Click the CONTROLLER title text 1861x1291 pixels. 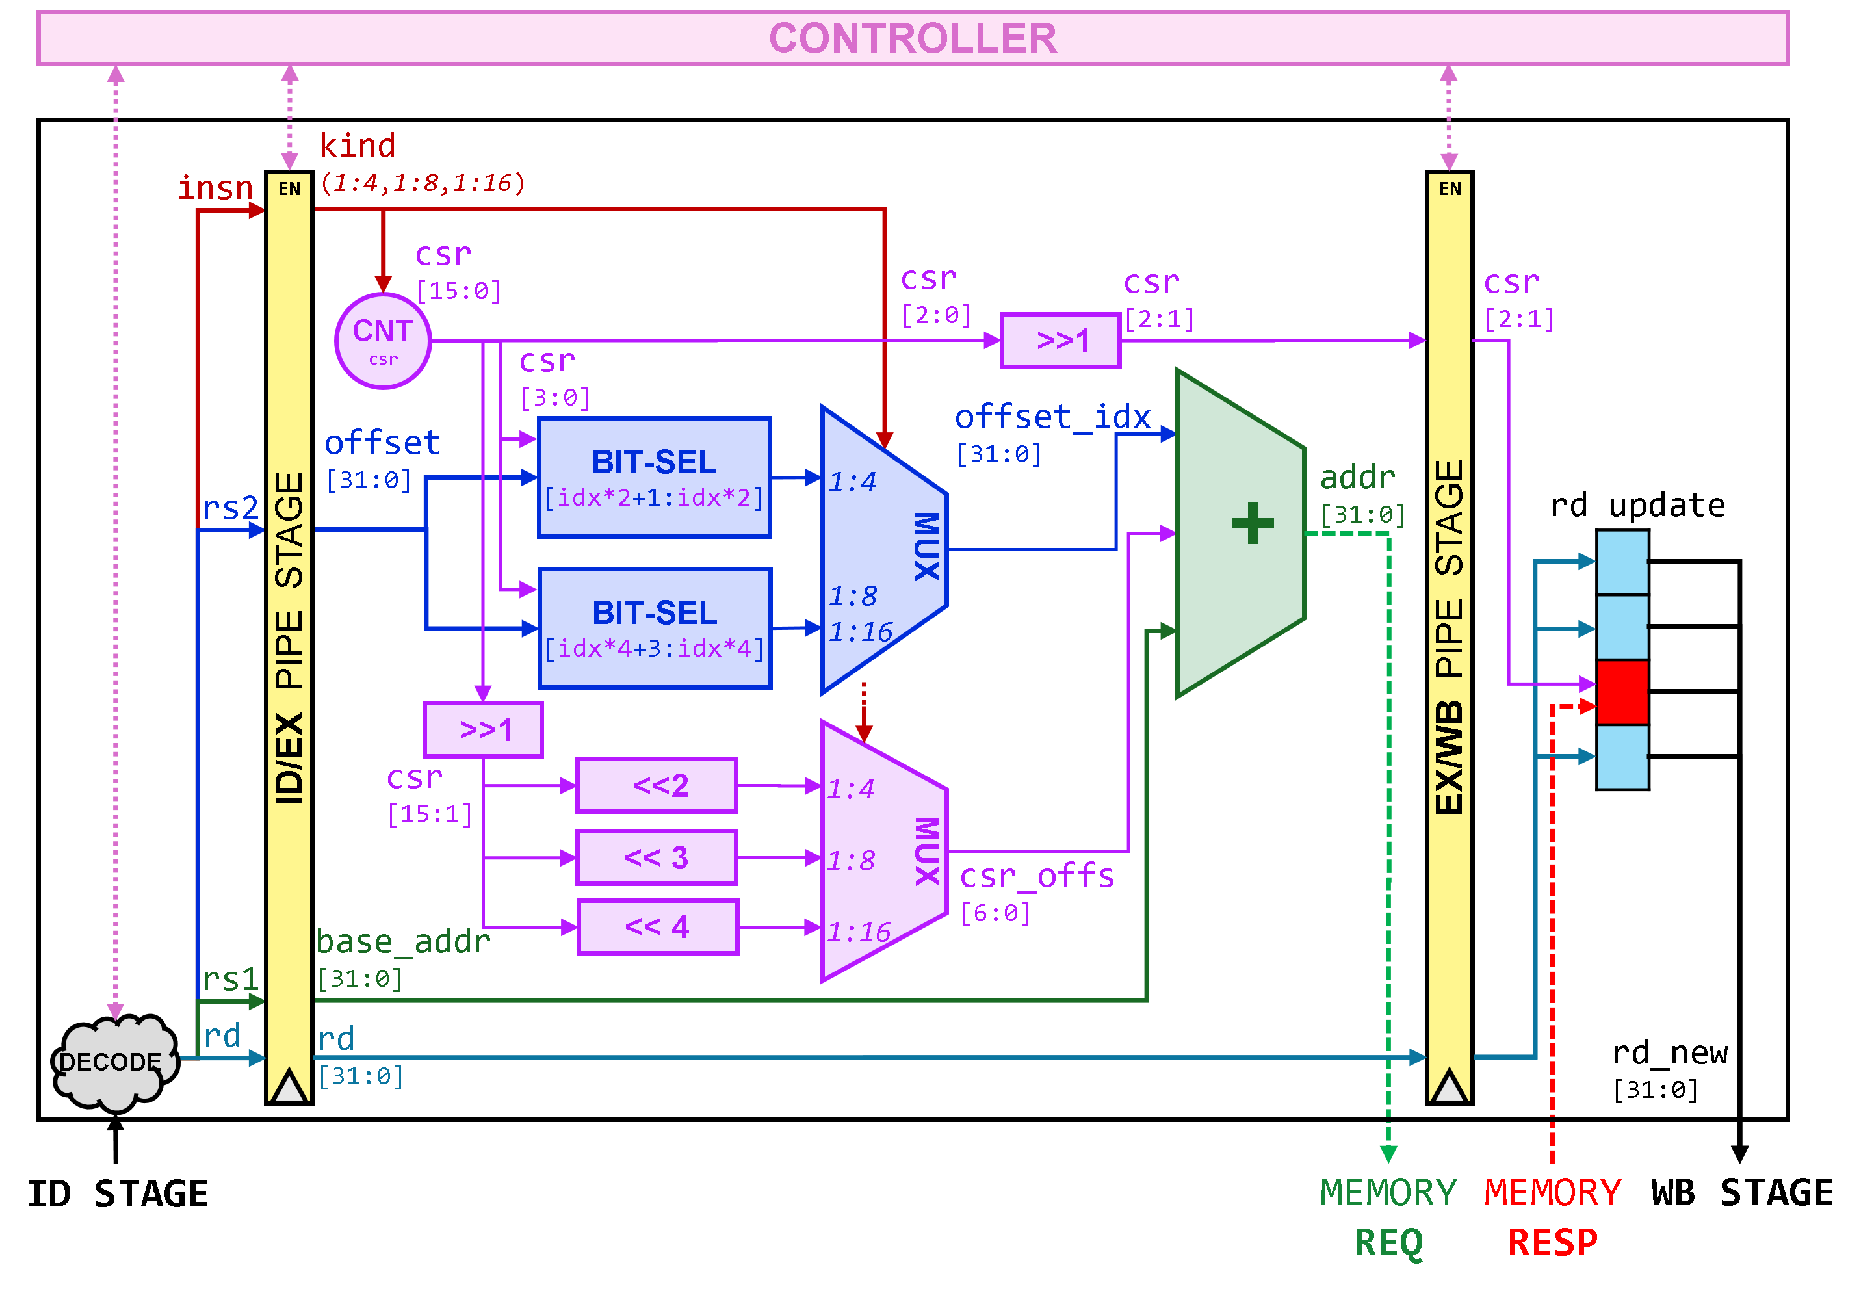click(x=913, y=38)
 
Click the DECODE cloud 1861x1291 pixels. click(x=113, y=1062)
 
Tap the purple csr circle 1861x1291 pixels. click(x=383, y=341)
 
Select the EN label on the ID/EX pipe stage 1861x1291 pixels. click(x=289, y=189)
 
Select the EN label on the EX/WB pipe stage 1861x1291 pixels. click(x=1450, y=189)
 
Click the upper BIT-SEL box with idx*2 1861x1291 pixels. click(x=655, y=477)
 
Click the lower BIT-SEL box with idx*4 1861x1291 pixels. click(x=655, y=628)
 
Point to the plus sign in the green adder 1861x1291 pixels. click(x=1253, y=523)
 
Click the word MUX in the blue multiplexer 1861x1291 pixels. click(x=927, y=546)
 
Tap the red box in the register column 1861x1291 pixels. click(x=1622, y=692)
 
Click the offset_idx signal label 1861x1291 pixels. click(x=1052, y=417)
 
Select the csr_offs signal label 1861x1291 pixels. click(x=1036, y=876)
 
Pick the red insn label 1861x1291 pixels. click(x=215, y=188)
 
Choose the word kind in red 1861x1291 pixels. click(x=357, y=146)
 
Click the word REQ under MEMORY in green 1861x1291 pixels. click(x=1388, y=1242)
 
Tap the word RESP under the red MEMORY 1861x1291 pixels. click(x=1552, y=1242)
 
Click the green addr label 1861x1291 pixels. click(x=1357, y=477)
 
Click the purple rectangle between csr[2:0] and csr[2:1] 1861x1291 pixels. click(x=1060, y=341)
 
